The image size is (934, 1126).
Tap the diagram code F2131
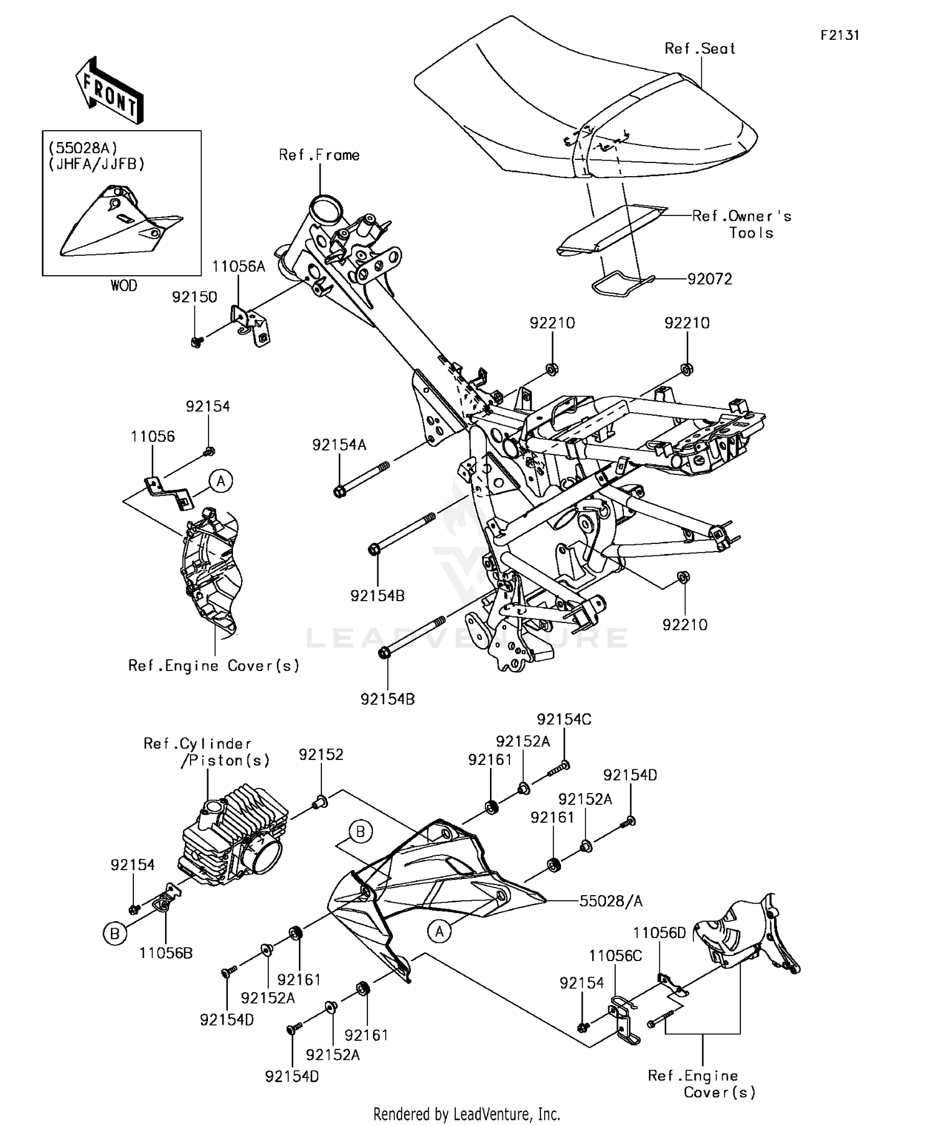coord(839,35)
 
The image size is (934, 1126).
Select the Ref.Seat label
coord(699,49)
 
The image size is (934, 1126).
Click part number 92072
coord(709,279)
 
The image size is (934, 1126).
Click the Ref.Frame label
coord(319,155)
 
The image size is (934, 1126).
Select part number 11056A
coord(238,267)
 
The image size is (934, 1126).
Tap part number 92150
coord(194,297)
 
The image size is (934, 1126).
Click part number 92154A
coord(339,445)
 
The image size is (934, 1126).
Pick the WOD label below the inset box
coord(123,286)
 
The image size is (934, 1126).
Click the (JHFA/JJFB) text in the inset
coord(97,164)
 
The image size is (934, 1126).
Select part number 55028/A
coord(611,901)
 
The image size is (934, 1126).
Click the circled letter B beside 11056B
coord(115,934)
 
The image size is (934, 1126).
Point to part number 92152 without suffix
coord(321,754)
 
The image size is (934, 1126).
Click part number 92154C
coord(564,720)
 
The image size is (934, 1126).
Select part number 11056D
coord(659,932)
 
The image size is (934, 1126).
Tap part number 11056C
coord(615,955)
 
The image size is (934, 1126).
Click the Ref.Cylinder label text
coord(197,744)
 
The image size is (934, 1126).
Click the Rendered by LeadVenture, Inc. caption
coord(466,1114)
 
